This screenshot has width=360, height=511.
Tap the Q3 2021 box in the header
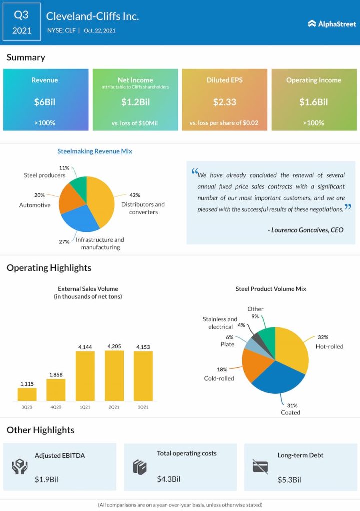tap(21, 22)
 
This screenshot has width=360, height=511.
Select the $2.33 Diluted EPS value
tap(224, 102)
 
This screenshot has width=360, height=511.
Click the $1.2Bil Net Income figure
tap(135, 102)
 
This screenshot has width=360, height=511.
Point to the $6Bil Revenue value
tap(45, 102)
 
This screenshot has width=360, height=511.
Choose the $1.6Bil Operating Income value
tap(313, 102)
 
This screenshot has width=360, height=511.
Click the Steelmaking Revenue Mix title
tap(95, 151)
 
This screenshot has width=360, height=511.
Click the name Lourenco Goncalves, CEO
tap(305, 229)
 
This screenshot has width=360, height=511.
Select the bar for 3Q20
tap(27, 394)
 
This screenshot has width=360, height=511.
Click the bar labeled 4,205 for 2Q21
tap(114, 375)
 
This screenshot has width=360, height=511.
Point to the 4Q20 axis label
tap(56, 407)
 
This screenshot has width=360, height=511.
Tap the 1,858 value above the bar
tap(56, 374)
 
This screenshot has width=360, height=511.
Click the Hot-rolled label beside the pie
tap(329, 346)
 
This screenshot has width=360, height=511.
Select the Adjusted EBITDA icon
tap(19, 467)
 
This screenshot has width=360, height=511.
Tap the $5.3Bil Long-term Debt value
tap(289, 480)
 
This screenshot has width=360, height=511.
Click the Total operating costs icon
tap(139, 467)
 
